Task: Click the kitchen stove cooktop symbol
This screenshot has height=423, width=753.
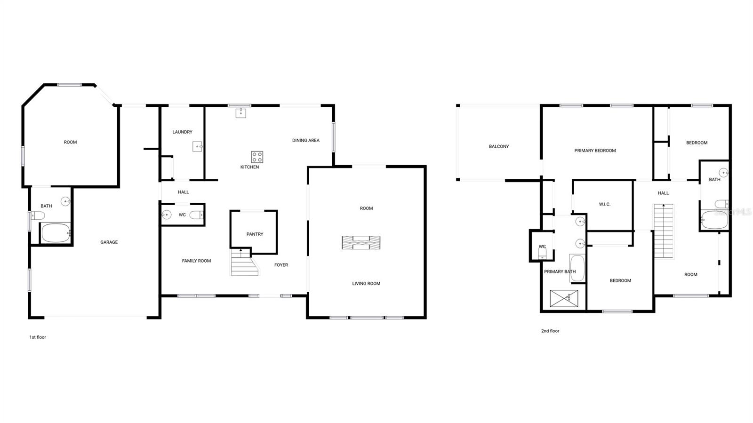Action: [x=257, y=157]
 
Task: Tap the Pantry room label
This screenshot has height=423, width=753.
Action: [x=255, y=234]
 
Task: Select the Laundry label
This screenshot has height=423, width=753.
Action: [x=183, y=132]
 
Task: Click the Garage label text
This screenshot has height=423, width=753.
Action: [x=109, y=242]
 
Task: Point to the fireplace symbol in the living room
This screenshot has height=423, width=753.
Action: [x=361, y=243]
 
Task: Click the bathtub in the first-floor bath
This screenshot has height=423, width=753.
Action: [x=56, y=233]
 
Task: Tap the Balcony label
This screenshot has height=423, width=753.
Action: [x=499, y=146]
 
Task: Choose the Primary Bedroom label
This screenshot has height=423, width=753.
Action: [x=595, y=151]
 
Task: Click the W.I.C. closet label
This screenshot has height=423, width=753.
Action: [x=604, y=204]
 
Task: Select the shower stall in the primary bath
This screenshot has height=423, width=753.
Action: [x=564, y=298]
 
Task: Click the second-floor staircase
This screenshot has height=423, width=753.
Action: [x=664, y=231]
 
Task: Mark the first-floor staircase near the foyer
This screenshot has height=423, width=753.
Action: [x=244, y=263]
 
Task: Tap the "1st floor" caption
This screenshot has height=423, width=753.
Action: [x=38, y=337]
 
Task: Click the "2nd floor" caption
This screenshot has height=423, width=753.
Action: [x=550, y=331]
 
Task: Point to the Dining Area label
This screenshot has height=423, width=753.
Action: [x=306, y=140]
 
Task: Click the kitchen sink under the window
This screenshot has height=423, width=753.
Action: [x=240, y=113]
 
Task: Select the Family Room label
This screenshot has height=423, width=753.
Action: [x=196, y=261]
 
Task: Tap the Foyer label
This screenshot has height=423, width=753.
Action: [x=281, y=265]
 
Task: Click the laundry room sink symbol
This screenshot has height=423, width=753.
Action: [x=197, y=146]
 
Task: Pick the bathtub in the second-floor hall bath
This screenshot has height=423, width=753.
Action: [x=715, y=220]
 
